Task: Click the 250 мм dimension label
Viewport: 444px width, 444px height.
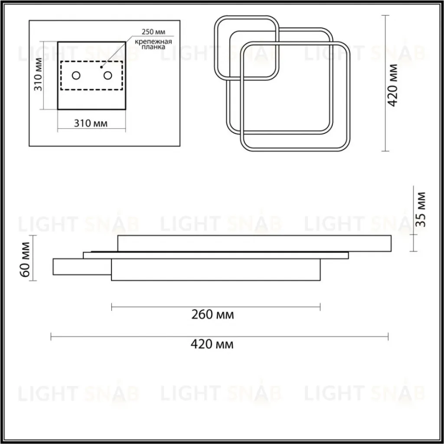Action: click(153, 32)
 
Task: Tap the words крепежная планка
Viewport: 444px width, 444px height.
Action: click(153, 44)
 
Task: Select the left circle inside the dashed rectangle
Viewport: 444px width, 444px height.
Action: click(76, 75)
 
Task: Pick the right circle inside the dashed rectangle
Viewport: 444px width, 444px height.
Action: click(108, 75)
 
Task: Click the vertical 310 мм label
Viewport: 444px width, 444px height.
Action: click(38, 75)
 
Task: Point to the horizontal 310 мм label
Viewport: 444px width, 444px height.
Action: click(91, 124)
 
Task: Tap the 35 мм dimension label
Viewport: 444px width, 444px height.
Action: click(421, 209)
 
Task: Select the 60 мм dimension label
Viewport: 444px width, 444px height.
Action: click(25, 259)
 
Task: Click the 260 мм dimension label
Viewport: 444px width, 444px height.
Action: click(212, 315)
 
